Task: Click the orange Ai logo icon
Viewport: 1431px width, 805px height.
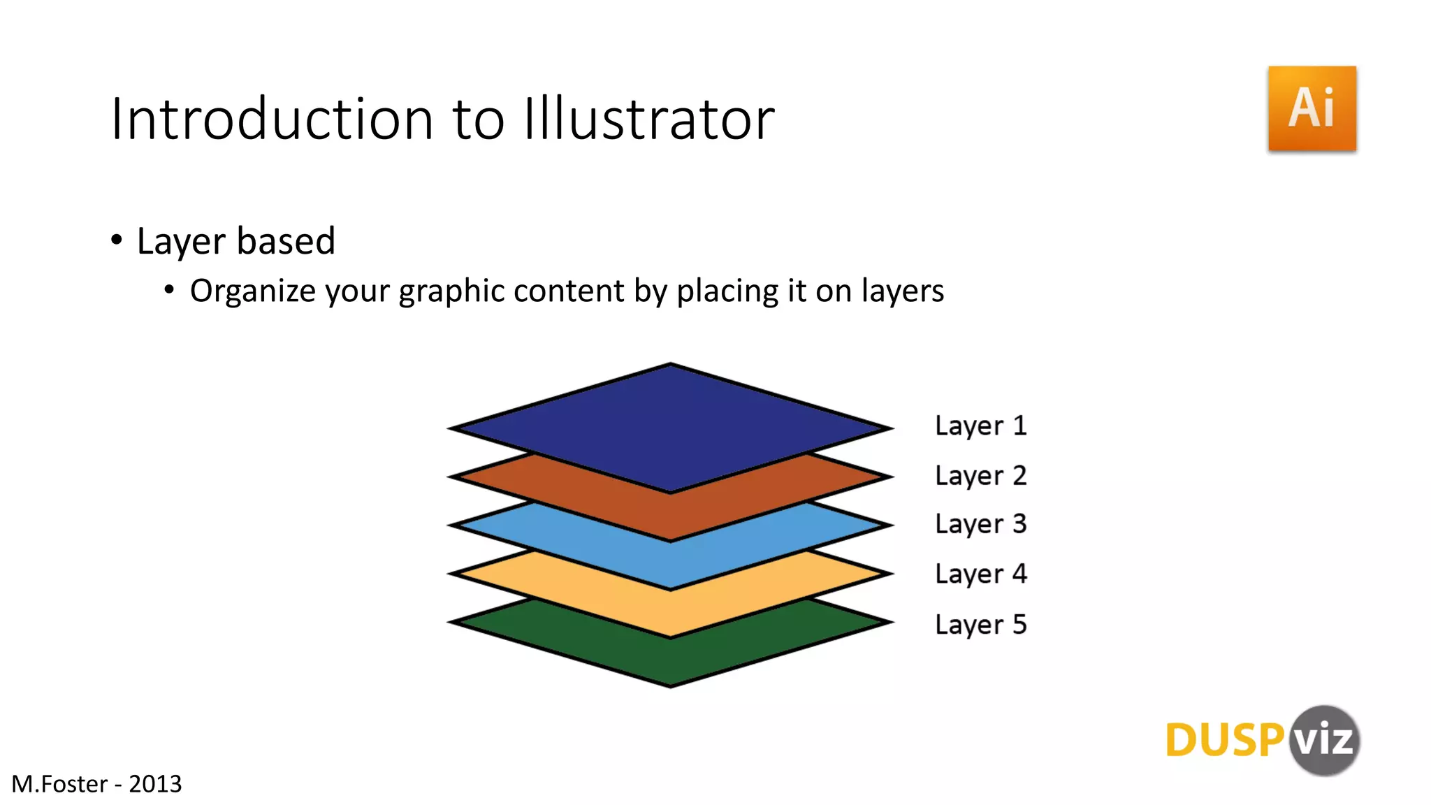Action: point(1312,108)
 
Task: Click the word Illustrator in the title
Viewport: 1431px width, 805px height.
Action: point(649,119)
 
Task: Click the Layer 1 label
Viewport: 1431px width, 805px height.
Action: point(980,426)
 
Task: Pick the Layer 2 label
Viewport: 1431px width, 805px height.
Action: point(980,476)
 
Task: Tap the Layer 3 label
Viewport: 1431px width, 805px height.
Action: point(980,524)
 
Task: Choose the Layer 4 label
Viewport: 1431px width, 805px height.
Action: point(980,574)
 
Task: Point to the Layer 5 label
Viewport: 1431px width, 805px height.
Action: point(980,625)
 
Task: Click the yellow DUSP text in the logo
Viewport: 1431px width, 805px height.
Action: point(1224,741)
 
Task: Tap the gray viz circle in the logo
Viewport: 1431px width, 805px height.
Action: point(1324,740)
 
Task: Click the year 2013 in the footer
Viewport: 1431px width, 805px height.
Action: point(155,784)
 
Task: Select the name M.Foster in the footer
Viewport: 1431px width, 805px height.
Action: point(59,784)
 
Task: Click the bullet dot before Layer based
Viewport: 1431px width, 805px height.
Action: point(117,240)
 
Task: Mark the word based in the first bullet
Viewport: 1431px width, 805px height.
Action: point(286,241)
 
